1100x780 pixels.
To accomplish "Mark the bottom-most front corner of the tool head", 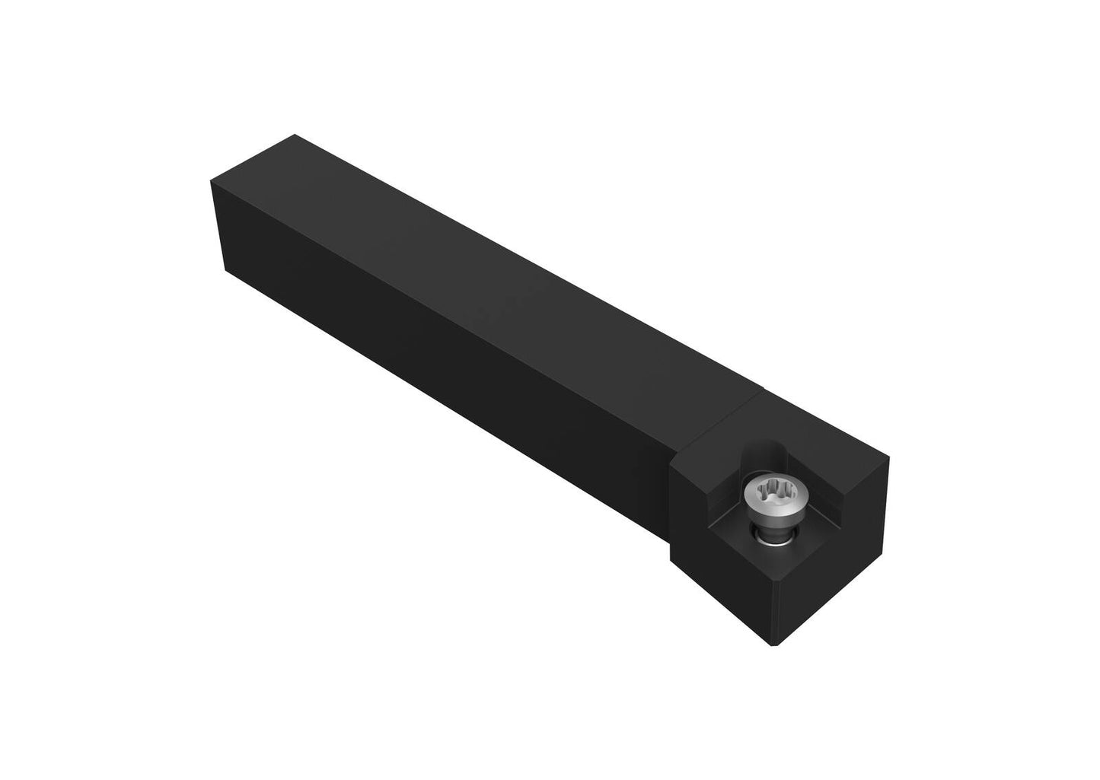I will click(775, 645).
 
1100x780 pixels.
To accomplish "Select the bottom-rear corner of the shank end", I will click(226, 269).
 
